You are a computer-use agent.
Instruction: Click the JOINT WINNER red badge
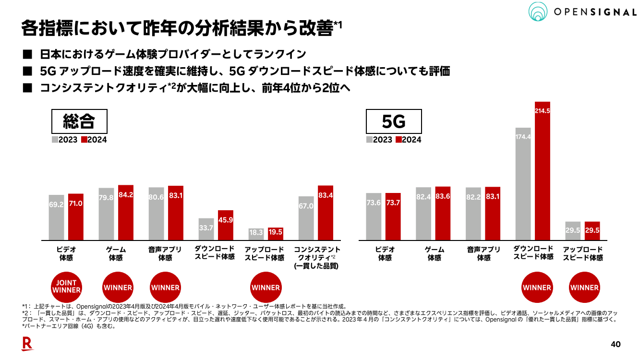[66, 287]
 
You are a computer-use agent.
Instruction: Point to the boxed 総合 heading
[79, 122]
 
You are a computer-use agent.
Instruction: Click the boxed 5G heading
[394, 122]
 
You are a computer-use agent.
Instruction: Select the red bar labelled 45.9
[226, 225]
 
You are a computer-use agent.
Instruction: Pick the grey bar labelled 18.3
[256, 234]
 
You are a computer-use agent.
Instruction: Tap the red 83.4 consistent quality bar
[325, 213]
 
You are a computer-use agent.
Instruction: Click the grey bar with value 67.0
[306, 218]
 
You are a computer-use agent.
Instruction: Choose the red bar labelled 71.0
[76, 216]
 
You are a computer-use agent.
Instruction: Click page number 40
[616, 344]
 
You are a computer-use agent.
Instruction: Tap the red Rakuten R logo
[27, 344]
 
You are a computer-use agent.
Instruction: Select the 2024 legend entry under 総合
[94, 140]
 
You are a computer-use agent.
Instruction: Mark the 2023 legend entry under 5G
[379, 140]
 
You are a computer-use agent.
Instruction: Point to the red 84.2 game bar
[126, 213]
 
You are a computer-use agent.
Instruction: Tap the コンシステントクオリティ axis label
[316, 257]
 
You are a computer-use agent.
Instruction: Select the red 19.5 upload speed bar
[276, 234]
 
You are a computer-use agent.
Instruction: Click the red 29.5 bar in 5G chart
[592, 231]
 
